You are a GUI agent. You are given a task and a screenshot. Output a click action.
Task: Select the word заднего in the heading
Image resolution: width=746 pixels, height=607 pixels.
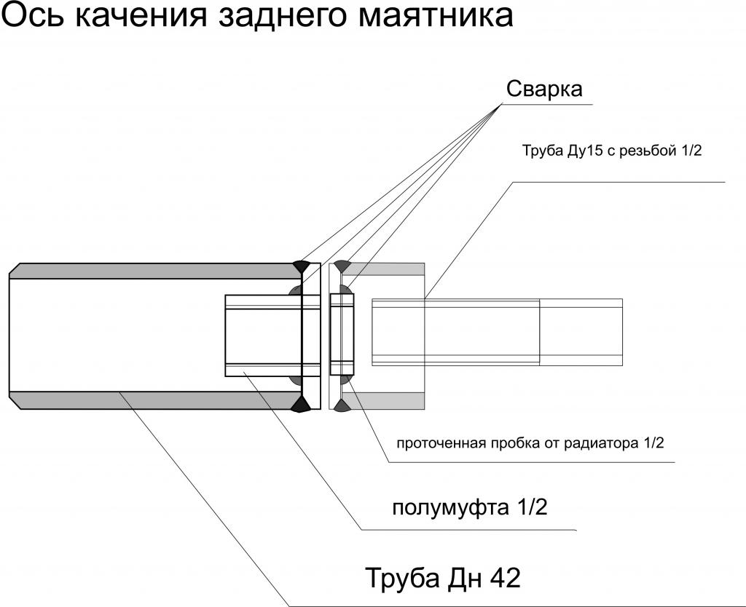(x=283, y=17)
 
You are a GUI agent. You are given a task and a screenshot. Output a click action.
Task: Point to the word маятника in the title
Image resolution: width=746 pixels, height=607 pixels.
(x=436, y=16)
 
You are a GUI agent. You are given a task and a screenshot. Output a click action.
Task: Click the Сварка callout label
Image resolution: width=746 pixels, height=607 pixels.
(x=543, y=89)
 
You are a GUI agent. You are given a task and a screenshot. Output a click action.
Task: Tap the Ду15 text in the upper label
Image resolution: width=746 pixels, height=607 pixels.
(x=582, y=151)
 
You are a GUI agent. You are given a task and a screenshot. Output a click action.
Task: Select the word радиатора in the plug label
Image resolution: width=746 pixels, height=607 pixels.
(x=602, y=444)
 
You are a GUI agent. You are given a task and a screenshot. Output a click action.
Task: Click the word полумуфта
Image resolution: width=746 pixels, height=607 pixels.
(x=450, y=508)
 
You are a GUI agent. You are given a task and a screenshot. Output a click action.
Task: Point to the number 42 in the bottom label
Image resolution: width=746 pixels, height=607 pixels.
(x=506, y=579)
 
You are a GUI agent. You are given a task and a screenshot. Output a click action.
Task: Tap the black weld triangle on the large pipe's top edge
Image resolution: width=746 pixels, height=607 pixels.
(x=302, y=266)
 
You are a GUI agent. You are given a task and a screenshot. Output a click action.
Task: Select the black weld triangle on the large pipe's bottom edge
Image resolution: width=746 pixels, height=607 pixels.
(x=302, y=404)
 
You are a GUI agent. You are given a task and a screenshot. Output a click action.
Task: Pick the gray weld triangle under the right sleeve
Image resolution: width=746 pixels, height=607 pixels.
(x=342, y=405)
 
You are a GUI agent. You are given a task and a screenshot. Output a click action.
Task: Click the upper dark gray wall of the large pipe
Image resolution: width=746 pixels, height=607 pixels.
(x=155, y=271)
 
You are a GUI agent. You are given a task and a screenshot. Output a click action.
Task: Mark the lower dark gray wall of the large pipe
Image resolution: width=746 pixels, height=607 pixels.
(x=155, y=401)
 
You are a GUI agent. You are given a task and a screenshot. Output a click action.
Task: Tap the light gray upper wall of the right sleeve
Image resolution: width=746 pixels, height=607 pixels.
(x=383, y=269)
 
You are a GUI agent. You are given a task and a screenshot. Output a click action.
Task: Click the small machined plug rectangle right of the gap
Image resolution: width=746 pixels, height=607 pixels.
(x=342, y=334)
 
